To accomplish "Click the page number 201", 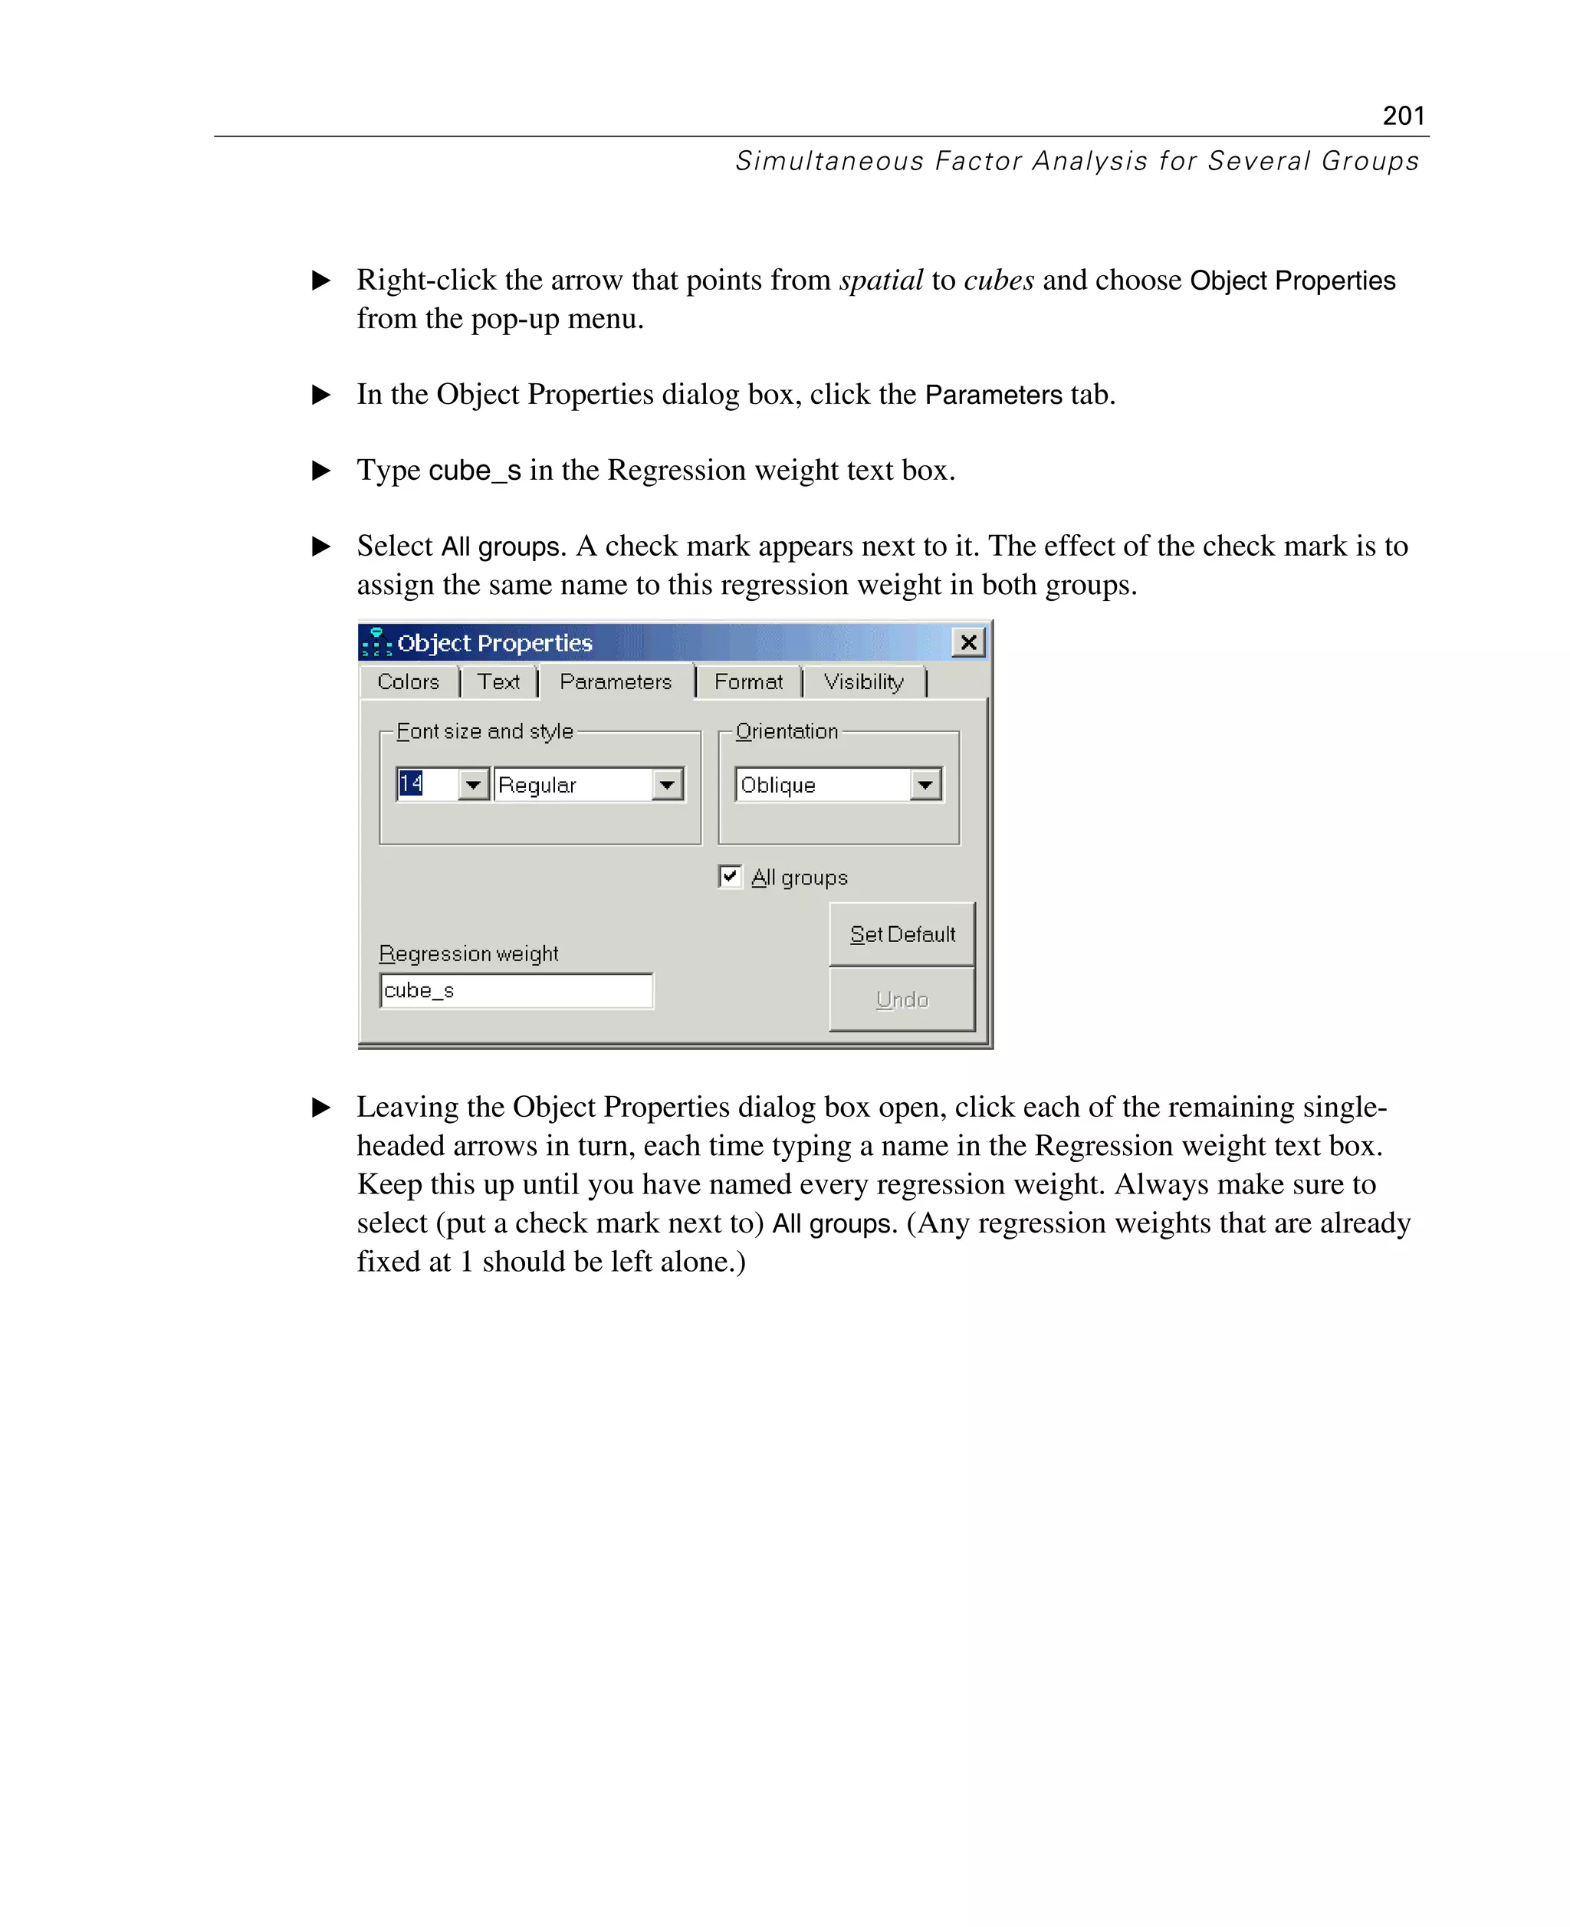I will (x=1403, y=116).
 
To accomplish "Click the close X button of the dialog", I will (x=967, y=642).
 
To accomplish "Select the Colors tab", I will (x=408, y=682).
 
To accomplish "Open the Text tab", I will (x=498, y=682).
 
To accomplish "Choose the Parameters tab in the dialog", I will (x=615, y=682).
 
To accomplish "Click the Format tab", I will (x=748, y=682).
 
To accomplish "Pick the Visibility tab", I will (x=862, y=682).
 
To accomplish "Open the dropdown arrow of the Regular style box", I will (x=666, y=784).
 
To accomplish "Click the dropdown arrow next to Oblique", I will (x=925, y=784).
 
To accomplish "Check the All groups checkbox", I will (x=730, y=876).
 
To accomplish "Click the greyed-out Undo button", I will (x=902, y=1000).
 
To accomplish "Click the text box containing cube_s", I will (x=515, y=991).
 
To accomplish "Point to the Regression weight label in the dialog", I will (x=468, y=954).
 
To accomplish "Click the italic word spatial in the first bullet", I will (x=881, y=281).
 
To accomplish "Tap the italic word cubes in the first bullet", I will (x=998, y=281).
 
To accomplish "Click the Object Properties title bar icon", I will (x=376, y=642).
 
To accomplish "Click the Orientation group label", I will (x=787, y=731).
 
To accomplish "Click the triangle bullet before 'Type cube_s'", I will (x=321, y=470).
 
